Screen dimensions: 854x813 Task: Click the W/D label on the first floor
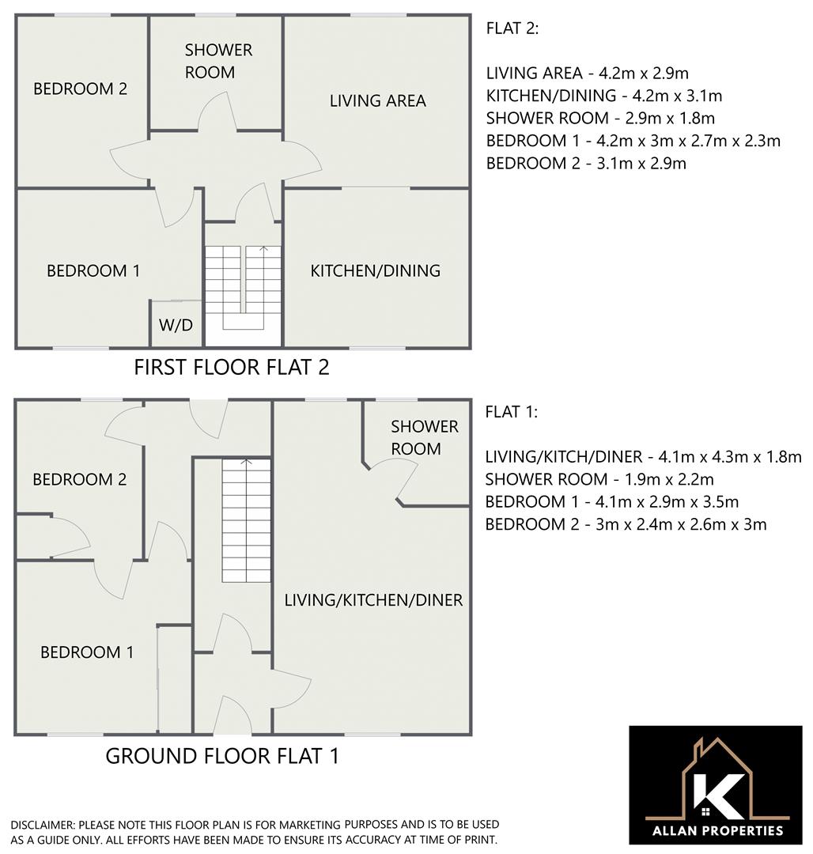(x=176, y=325)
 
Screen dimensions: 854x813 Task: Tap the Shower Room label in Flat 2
(x=218, y=61)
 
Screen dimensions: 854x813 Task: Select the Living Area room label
(x=377, y=100)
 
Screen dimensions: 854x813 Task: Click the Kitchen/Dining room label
(x=375, y=270)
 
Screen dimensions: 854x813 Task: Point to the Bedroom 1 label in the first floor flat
(x=93, y=270)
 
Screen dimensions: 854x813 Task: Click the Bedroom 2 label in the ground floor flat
(x=79, y=479)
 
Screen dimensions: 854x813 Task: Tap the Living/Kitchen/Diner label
(x=373, y=599)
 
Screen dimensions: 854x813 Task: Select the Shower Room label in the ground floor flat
(x=424, y=437)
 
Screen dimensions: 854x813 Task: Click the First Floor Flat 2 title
(x=231, y=367)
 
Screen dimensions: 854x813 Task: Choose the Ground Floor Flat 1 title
(x=222, y=756)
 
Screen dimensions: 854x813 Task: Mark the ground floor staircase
(x=246, y=522)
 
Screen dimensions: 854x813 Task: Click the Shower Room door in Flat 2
(x=217, y=112)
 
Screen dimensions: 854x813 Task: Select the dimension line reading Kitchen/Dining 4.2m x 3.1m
(x=603, y=96)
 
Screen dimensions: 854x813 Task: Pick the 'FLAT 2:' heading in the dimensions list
(x=512, y=28)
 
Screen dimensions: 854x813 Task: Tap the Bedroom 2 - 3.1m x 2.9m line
(x=585, y=164)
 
